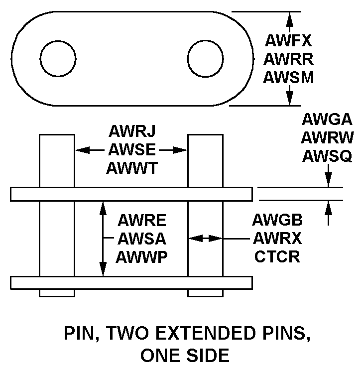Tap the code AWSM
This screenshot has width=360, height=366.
click(288, 77)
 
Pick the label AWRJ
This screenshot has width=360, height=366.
click(132, 131)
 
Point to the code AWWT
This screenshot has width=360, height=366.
click(132, 168)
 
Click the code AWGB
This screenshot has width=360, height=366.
click(277, 220)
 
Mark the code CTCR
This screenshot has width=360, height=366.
click(277, 256)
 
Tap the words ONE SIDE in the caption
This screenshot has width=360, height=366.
click(185, 356)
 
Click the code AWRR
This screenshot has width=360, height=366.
click(288, 59)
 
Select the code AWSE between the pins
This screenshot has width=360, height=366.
click(132, 149)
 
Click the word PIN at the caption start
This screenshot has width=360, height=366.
click(80, 334)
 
